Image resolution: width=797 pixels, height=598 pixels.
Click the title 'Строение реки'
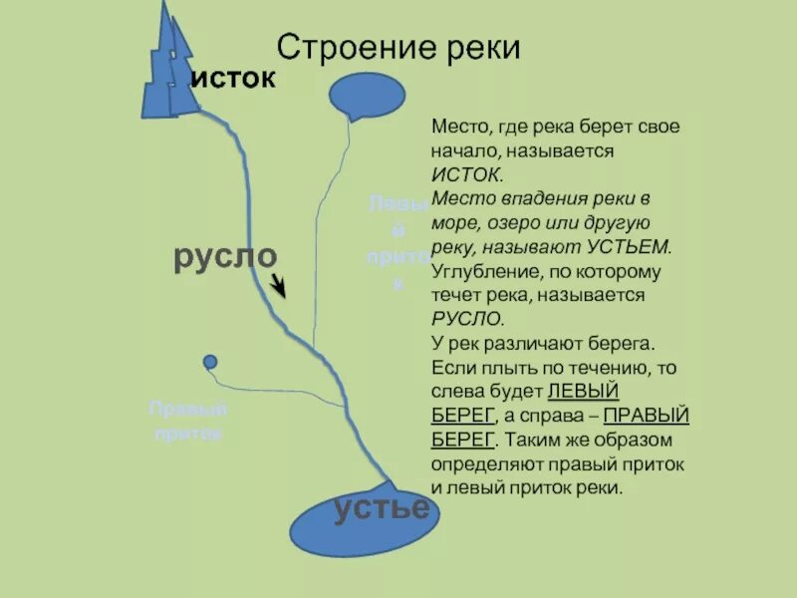(x=398, y=48)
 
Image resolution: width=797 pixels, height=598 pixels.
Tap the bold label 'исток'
(x=232, y=79)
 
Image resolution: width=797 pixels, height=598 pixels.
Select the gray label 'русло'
(x=224, y=256)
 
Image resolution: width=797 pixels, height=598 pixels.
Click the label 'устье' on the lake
(x=382, y=507)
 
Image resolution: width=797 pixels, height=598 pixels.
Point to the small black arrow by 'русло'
(x=279, y=287)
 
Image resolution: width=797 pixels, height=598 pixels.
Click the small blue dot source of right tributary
(x=209, y=362)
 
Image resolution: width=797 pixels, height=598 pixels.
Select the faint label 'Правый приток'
(x=188, y=422)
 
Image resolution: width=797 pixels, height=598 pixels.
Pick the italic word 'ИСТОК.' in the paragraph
(x=461, y=174)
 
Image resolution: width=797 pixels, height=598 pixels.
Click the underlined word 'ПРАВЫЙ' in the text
(x=647, y=416)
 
